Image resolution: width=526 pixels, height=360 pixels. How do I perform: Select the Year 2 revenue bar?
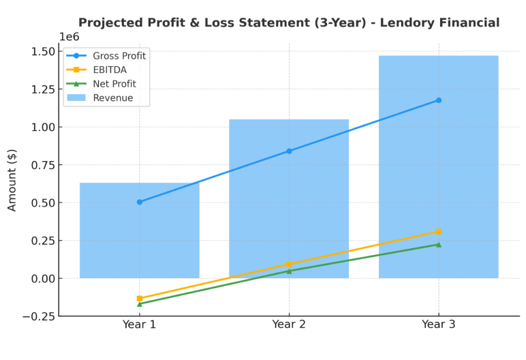tap(289, 205)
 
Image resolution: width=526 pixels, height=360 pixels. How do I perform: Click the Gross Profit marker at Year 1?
tap(140, 202)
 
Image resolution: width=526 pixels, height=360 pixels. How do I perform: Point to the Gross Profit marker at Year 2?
tap(289, 151)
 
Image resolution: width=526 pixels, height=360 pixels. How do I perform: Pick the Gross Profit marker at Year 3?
tap(439, 100)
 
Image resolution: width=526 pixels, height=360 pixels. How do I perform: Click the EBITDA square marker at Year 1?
tap(140, 299)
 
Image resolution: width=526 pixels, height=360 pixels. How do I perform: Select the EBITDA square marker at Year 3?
tap(439, 232)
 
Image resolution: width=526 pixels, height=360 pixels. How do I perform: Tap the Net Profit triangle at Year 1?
tap(140, 304)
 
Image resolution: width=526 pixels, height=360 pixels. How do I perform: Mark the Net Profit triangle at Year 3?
tap(439, 245)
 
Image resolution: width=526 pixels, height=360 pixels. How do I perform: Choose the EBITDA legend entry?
tap(110, 70)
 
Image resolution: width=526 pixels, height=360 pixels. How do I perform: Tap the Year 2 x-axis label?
tap(289, 325)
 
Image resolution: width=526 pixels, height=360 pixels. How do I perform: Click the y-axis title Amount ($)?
tap(13, 180)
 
